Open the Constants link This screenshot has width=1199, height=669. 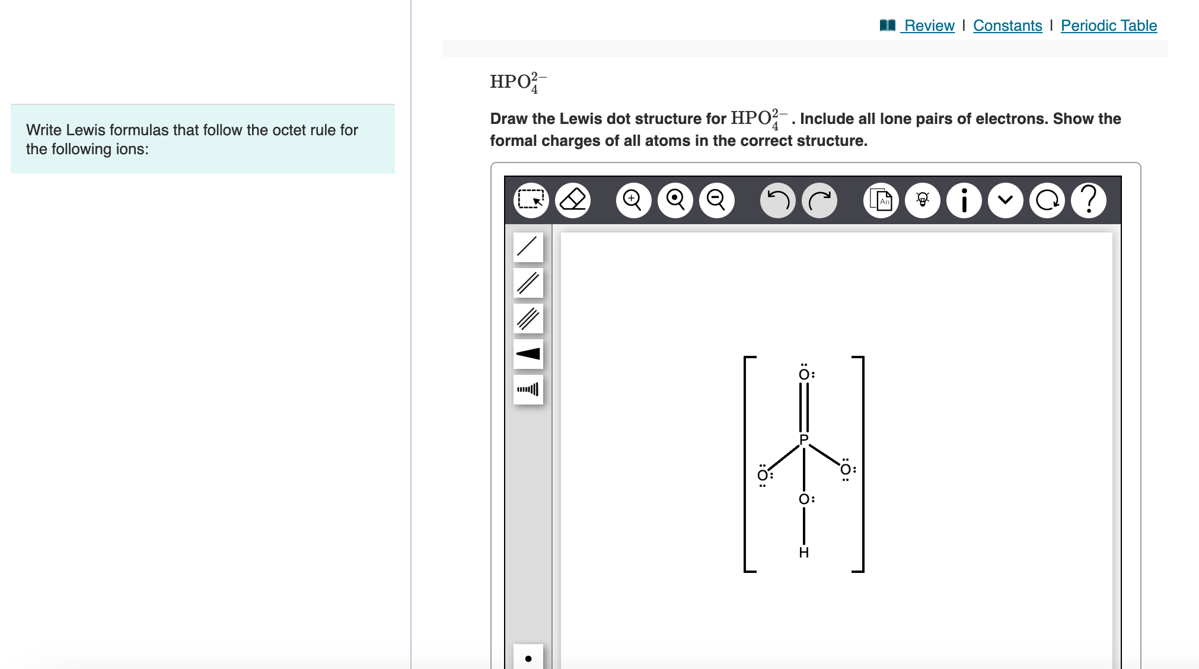(x=1007, y=26)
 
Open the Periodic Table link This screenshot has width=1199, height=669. (x=1109, y=26)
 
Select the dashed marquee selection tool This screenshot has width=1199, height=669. (x=531, y=200)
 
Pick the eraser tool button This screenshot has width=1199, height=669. (x=573, y=200)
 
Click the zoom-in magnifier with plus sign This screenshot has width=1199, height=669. (x=633, y=200)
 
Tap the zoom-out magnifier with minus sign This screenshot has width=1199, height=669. (x=716, y=200)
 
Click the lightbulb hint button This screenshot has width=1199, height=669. (x=923, y=200)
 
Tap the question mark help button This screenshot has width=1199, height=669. (x=1089, y=200)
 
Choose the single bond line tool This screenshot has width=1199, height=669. (x=528, y=247)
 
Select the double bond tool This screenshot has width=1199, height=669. (x=528, y=282)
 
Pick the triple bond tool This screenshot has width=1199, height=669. (x=528, y=318)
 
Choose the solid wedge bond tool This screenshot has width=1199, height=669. (x=528, y=353)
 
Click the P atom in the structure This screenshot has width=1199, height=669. (x=804, y=439)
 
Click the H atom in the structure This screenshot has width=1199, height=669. (x=804, y=552)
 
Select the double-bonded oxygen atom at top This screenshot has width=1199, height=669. (x=804, y=374)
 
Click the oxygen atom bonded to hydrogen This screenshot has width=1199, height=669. (x=804, y=499)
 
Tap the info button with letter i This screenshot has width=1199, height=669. (x=964, y=200)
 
